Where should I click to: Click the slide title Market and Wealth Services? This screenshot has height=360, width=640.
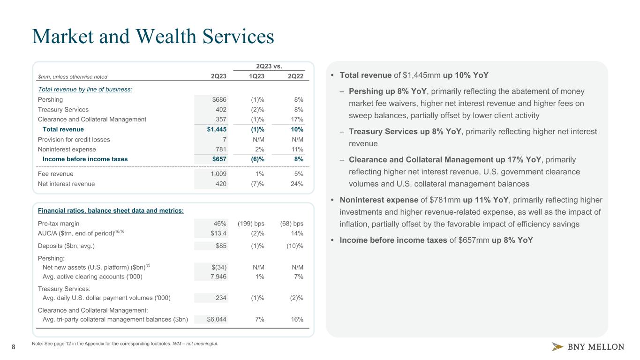pyautogui.click(x=153, y=37)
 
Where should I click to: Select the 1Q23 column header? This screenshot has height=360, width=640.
pyautogui.click(x=256, y=76)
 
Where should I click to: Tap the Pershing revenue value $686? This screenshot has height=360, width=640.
pyautogui.click(x=219, y=99)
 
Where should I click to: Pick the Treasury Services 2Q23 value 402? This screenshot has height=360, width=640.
pyautogui.click(x=221, y=109)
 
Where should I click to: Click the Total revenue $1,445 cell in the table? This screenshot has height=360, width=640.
pyautogui.click(x=217, y=129)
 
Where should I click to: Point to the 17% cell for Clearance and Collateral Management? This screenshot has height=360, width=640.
pyautogui.click(x=297, y=120)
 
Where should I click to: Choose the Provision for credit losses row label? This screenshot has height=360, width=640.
pyautogui.click(x=74, y=139)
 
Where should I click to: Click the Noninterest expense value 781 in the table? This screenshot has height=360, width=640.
pyautogui.click(x=221, y=149)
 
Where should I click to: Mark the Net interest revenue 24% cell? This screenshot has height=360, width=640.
pyautogui.click(x=297, y=184)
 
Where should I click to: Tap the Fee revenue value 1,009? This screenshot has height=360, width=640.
pyautogui.click(x=218, y=174)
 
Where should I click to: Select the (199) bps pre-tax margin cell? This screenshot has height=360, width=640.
pyautogui.click(x=251, y=224)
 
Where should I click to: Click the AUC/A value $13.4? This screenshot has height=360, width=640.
pyautogui.click(x=218, y=233)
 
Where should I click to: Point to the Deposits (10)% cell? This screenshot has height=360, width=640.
pyautogui.click(x=295, y=246)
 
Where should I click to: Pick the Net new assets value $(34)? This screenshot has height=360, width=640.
pyautogui.click(x=219, y=267)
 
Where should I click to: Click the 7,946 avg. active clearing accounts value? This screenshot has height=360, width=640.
pyautogui.click(x=218, y=277)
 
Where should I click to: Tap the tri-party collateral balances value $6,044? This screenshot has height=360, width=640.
pyautogui.click(x=217, y=319)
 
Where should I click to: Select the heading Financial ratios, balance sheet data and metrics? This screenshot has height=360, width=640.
pyautogui.click(x=111, y=210)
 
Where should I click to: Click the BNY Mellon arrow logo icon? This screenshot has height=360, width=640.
pyautogui.click(x=557, y=346)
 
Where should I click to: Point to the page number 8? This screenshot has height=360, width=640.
pyautogui.click(x=13, y=347)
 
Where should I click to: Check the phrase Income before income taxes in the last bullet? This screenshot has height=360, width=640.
pyautogui.click(x=393, y=240)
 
